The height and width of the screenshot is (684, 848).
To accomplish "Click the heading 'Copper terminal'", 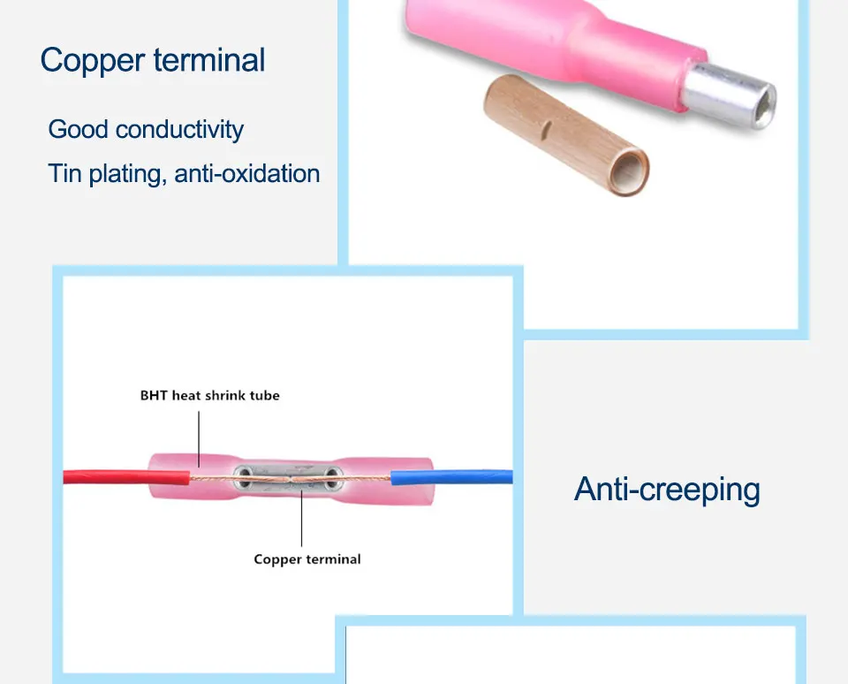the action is (x=152, y=60).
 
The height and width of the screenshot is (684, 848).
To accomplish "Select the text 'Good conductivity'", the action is (x=146, y=129).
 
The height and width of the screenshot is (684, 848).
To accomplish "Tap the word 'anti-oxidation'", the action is (x=247, y=173).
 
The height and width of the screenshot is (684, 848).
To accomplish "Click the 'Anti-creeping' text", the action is (x=667, y=489).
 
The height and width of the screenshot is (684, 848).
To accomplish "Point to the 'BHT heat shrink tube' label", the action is (x=209, y=395).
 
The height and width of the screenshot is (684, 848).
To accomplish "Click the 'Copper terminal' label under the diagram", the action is (x=307, y=559).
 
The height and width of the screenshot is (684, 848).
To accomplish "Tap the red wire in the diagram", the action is (x=106, y=477).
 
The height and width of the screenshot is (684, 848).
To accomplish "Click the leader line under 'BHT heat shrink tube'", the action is (x=199, y=437).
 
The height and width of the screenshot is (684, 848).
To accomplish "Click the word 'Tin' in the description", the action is (x=64, y=173).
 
